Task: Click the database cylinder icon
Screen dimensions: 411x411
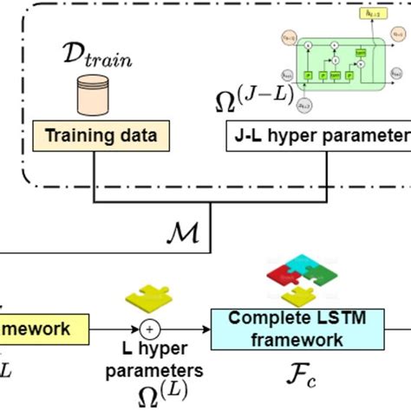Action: tap(99, 93)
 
